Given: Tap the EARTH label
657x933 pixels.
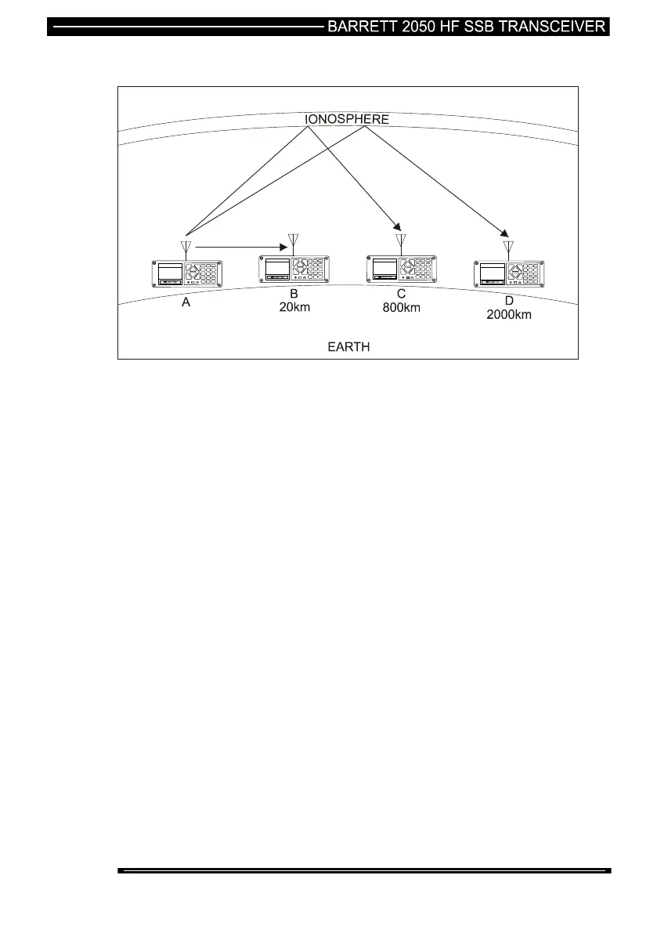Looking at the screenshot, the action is point(348,346).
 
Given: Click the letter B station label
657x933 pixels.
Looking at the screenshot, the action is point(294,294).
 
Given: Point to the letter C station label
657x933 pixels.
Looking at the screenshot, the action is point(401,294).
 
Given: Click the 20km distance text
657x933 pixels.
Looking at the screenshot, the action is point(294,307).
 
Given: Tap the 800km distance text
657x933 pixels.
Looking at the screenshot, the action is point(401,307).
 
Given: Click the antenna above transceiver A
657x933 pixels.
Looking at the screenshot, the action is point(186,249).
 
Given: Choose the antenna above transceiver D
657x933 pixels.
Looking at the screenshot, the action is point(509,249).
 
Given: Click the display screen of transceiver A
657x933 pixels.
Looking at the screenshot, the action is point(170,272).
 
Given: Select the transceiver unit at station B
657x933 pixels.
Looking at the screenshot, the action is point(294,268).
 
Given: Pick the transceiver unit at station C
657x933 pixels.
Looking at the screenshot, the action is point(401,268).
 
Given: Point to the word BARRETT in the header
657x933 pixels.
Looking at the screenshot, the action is point(360,27).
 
